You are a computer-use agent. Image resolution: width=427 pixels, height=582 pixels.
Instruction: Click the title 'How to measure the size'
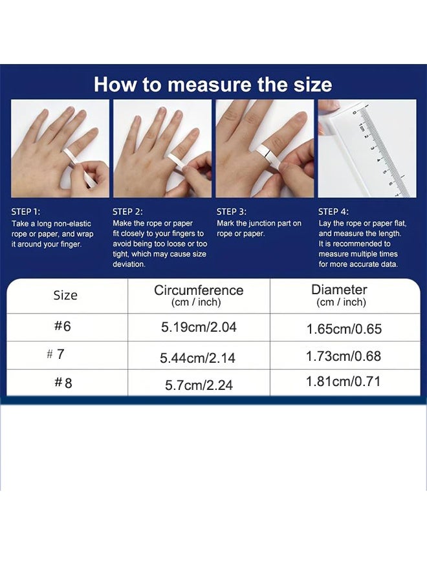pos(213,85)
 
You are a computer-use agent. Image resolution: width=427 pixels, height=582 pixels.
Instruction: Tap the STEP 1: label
pos(26,211)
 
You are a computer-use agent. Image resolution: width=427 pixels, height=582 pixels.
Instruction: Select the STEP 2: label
pos(127,211)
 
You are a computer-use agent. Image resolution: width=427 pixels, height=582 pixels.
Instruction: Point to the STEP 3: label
pos(231,211)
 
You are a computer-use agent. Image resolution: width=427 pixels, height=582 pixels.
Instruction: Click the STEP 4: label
pos(333,211)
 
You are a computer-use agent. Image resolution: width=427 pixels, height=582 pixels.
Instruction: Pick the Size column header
pos(65,296)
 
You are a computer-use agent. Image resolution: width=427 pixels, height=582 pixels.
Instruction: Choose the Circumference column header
pos(199,296)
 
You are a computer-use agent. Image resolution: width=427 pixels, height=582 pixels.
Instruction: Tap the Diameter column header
pos(339,296)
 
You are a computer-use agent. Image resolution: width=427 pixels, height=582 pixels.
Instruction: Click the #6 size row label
pos(63,327)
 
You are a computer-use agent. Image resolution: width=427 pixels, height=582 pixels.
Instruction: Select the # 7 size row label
pos(56,354)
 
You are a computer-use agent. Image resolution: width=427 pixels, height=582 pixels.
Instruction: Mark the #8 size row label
pos(63,383)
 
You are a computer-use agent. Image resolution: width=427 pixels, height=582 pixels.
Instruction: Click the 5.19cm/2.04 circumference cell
pos(199,327)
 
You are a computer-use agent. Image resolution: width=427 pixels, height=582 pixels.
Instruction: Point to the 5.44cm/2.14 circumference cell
pos(198,358)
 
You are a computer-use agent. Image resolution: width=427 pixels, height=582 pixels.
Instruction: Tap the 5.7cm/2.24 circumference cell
pos(199,385)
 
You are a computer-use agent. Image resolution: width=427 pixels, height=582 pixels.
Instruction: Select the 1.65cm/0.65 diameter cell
pos(344,329)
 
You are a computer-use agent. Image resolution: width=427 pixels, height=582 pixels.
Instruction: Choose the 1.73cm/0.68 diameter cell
pos(344,356)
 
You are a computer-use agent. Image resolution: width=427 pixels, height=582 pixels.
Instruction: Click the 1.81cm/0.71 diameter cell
pos(344,382)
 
